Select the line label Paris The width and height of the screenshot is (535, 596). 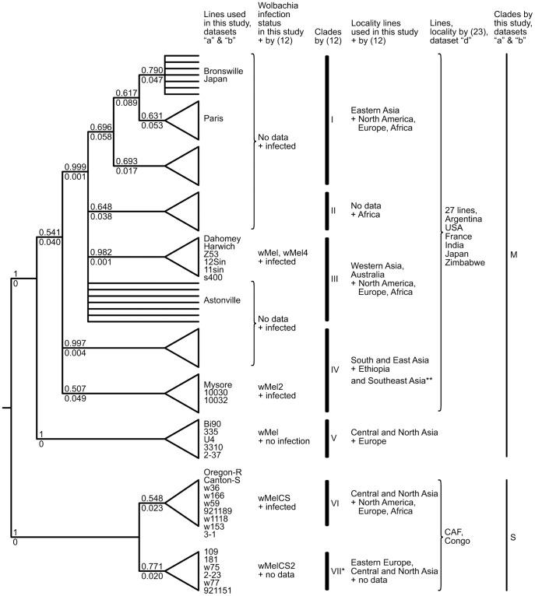point(212,119)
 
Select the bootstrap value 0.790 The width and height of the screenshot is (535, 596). point(151,71)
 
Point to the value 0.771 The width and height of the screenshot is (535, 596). point(151,570)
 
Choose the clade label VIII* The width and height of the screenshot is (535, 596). point(337,572)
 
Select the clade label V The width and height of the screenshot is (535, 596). point(334,437)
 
